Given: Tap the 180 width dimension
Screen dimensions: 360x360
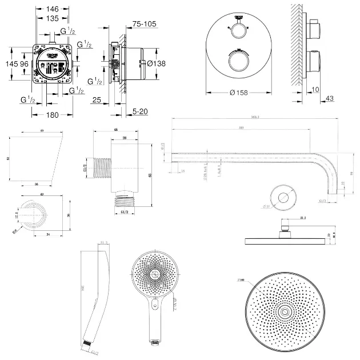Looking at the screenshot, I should [x=53, y=115].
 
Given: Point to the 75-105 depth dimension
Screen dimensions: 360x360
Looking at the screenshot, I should [x=145, y=24].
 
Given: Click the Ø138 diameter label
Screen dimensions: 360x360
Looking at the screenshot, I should [x=156, y=63].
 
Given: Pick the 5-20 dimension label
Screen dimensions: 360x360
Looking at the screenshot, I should [x=140, y=111].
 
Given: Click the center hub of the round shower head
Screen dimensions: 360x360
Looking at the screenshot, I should [x=283, y=311].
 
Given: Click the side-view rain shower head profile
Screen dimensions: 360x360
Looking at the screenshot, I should [x=283, y=241].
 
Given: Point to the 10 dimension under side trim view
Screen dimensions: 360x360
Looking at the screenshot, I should [x=317, y=89].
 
